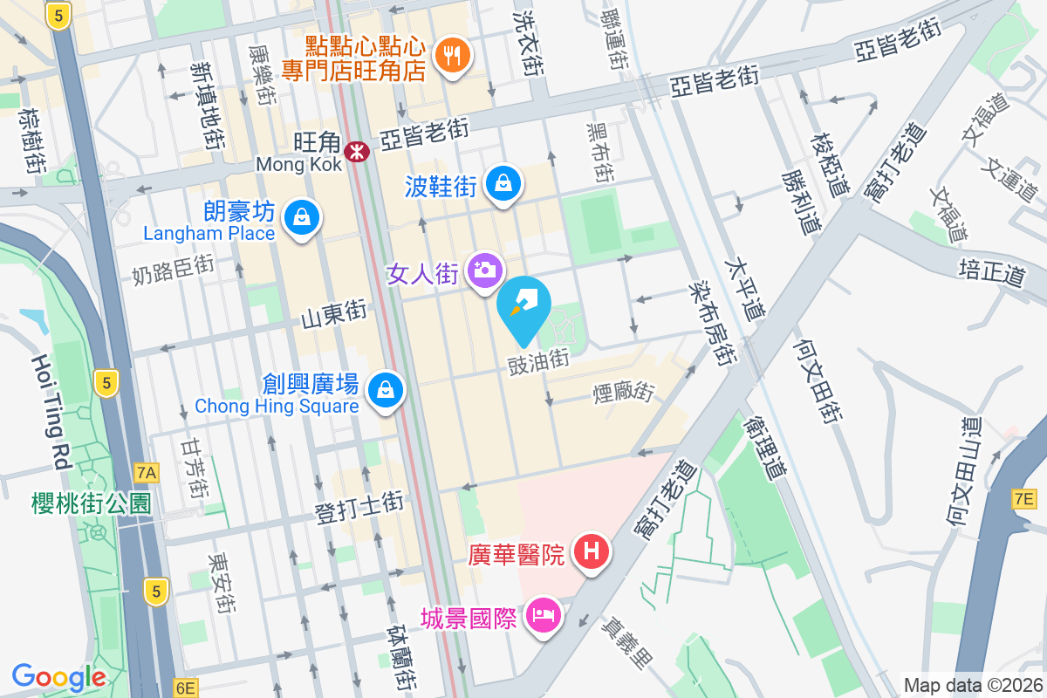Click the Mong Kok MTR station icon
pos(356,152)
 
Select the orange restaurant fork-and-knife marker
pos(451,58)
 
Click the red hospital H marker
pos(592,551)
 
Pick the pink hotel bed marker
pos(544,617)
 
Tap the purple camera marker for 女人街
pos(484,270)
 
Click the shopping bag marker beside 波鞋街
pos(503,183)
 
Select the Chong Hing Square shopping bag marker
pos(385,389)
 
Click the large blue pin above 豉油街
pos(524,307)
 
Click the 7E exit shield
pos(1023,499)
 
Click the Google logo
pos(58,677)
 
